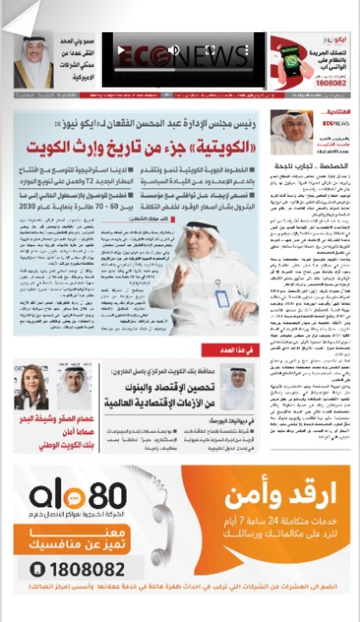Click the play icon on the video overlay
click(x=121, y=50)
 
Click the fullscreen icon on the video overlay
click(x=210, y=50)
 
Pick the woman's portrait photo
click(x=31, y=386)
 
